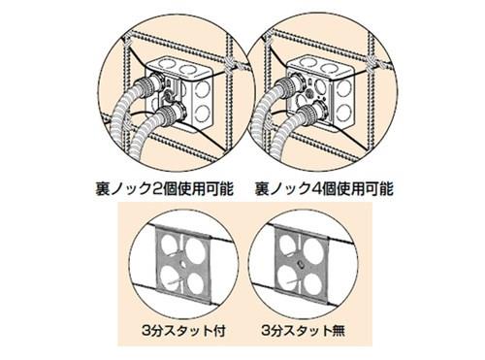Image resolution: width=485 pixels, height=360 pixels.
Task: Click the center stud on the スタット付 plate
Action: (181, 263)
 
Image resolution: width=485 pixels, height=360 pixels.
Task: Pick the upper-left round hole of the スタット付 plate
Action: (169, 244)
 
